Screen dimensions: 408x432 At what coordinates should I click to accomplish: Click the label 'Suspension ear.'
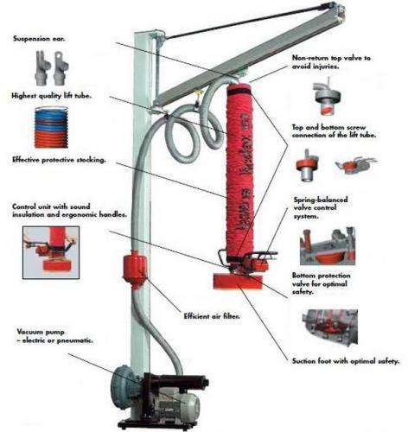[x=39, y=39]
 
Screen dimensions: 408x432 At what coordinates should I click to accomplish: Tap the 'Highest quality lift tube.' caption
[x=51, y=96]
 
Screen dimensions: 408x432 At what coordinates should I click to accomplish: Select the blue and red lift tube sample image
[x=51, y=127]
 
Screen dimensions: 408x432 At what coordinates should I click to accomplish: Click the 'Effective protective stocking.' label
[x=59, y=160]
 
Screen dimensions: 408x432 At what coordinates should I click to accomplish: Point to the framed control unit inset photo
[x=51, y=252]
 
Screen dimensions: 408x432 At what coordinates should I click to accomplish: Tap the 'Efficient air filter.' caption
[x=212, y=316]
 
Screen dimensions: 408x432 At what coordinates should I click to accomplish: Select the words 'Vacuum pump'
[x=41, y=332]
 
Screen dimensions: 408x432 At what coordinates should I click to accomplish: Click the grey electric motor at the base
[x=179, y=406]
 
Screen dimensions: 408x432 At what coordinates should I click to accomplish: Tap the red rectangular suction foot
[x=238, y=281]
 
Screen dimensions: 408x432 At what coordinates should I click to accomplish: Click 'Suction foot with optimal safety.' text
[x=346, y=361]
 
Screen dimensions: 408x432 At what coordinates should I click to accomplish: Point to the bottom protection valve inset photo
[x=330, y=327]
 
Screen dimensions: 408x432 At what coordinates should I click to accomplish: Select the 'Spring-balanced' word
[x=321, y=200]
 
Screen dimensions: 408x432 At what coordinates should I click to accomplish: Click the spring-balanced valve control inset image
[x=328, y=246]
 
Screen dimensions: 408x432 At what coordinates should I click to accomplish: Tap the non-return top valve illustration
[x=327, y=96]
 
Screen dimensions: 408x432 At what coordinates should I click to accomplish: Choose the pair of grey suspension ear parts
[x=52, y=67]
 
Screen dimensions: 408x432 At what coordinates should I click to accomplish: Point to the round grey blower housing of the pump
[x=127, y=383]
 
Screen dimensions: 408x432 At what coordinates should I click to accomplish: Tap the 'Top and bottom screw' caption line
[x=328, y=127]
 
